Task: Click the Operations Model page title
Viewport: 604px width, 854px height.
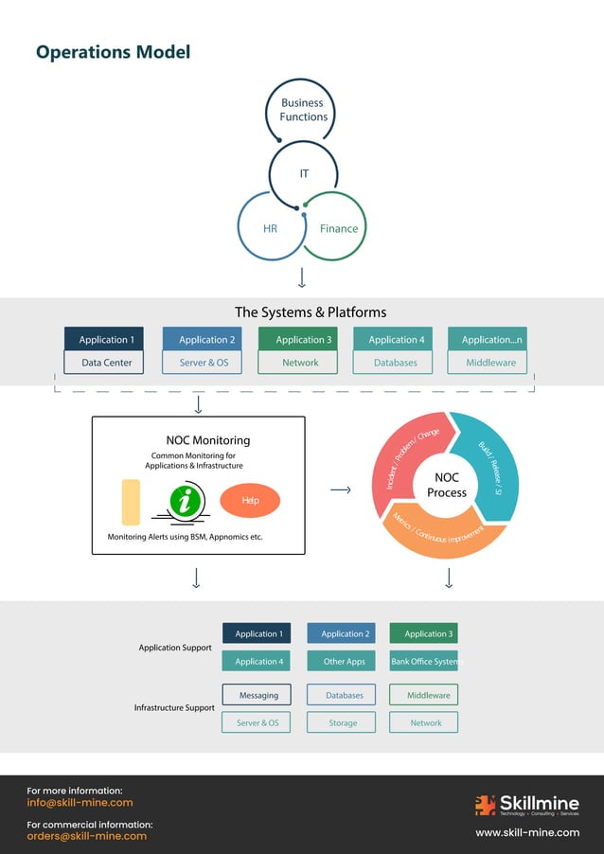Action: tap(113, 52)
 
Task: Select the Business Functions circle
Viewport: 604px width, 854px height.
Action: tap(303, 110)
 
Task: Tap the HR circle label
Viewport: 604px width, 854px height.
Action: tap(270, 228)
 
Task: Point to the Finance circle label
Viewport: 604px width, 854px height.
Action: tap(338, 228)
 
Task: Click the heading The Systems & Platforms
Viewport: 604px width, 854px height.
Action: tap(310, 311)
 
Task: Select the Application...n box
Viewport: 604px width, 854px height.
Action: tap(491, 340)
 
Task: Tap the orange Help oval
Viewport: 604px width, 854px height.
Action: tap(250, 500)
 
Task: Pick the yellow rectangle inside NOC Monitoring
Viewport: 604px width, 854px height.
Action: tap(131, 502)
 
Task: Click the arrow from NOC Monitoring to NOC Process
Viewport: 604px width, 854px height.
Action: tap(341, 489)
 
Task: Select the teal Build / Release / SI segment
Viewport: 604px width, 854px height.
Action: tap(490, 464)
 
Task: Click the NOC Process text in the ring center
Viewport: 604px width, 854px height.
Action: tap(446, 486)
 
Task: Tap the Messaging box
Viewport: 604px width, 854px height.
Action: tap(258, 695)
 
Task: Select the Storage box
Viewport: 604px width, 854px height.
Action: tap(343, 722)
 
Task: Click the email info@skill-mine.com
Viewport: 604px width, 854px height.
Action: tap(80, 803)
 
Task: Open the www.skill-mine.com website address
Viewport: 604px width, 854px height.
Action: tap(526, 832)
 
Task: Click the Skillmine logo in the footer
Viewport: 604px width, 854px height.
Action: tap(526, 805)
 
